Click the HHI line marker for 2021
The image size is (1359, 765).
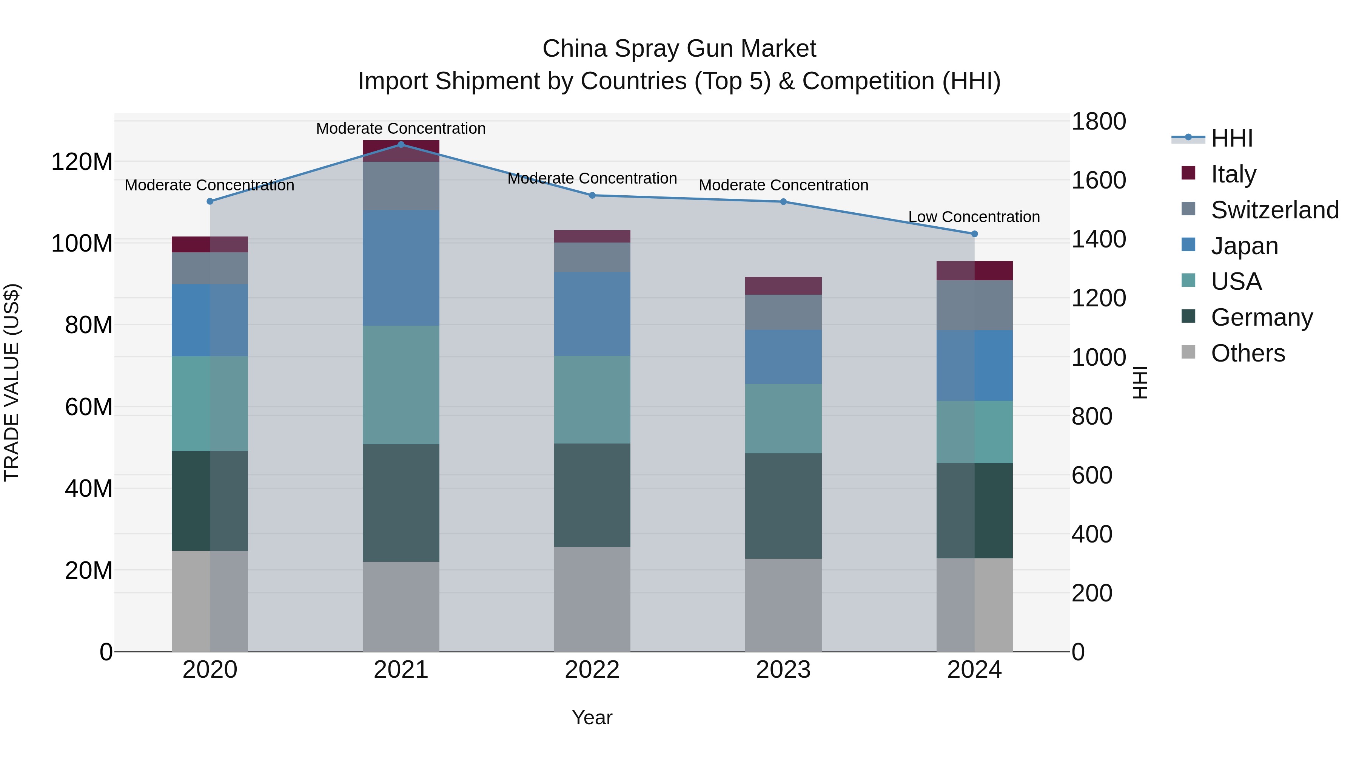click(401, 144)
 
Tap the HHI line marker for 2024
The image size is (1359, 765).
click(974, 234)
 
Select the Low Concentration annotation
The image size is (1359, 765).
click(974, 217)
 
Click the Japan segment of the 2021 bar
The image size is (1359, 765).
click(401, 268)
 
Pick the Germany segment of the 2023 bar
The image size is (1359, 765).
click(783, 506)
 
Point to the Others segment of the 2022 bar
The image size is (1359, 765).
click(592, 599)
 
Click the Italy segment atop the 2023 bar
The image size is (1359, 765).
click(783, 286)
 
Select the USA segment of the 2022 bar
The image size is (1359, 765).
click(592, 400)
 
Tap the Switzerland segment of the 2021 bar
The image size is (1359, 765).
click(401, 186)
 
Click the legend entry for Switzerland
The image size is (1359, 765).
click(1274, 210)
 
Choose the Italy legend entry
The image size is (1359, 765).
click(1233, 174)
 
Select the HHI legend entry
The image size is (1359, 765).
click(1231, 138)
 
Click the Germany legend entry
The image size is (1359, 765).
click(1261, 317)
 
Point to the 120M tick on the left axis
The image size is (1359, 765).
click(82, 162)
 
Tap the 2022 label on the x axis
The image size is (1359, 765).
click(592, 670)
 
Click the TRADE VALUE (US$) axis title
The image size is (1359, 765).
click(12, 382)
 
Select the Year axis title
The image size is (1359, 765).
click(592, 717)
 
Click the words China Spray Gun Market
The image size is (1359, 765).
click(679, 49)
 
